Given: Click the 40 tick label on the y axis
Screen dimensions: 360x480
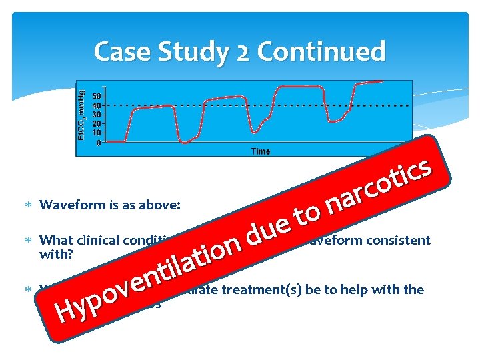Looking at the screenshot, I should pos(97,106).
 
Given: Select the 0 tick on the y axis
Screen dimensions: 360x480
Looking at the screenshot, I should pos(99,142).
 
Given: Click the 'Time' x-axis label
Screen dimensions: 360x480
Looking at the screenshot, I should pos(260,151).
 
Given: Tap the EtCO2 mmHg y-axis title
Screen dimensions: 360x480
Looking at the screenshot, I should pos(83,117).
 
